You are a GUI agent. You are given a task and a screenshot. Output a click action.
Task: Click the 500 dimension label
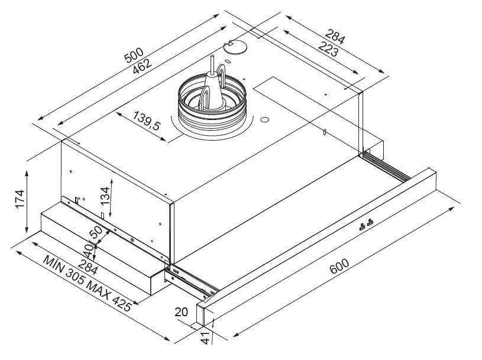pyautogui.click(x=134, y=56)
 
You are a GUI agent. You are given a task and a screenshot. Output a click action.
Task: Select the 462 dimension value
pyautogui.click(x=143, y=66)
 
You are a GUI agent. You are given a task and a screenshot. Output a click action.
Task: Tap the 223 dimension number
pyautogui.click(x=328, y=49)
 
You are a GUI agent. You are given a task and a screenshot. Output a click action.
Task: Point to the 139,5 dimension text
pyautogui.click(x=147, y=121)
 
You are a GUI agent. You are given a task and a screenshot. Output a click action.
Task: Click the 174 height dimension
pyautogui.click(x=20, y=199)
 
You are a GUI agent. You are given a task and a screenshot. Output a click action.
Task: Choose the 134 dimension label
pyautogui.click(x=105, y=196)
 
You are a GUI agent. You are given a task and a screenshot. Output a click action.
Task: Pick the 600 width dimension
pyautogui.click(x=339, y=266)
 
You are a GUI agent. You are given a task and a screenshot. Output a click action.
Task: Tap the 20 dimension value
pyautogui.click(x=181, y=312)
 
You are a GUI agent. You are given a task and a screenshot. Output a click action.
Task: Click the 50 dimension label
pyautogui.click(x=96, y=232)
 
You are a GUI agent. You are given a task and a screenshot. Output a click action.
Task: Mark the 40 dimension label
pyautogui.click(x=89, y=251)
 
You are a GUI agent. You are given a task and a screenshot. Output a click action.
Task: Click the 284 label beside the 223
pyautogui.click(x=335, y=37)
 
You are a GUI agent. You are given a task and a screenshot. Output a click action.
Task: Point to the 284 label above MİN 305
pyautogui.click(x=88, y=267)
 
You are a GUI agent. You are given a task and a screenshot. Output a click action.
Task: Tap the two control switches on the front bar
pyautogui.click(x=366, y=225)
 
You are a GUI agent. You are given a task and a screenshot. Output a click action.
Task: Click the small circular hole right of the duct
pyautogui.click(x=264, y=119)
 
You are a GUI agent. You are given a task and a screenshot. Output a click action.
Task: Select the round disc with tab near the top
pyautogui.click(x=235, y=47)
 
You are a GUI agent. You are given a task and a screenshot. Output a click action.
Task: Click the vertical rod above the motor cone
pyautogui.click(x=212, y=64)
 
